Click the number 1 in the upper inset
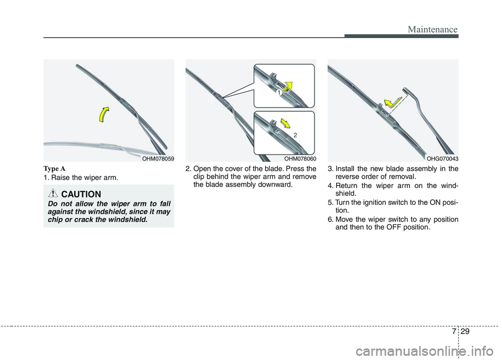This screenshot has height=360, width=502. tap(279, 92)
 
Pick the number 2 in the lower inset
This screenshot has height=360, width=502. tap(295, 135)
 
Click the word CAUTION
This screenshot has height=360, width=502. tap(81, 194)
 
